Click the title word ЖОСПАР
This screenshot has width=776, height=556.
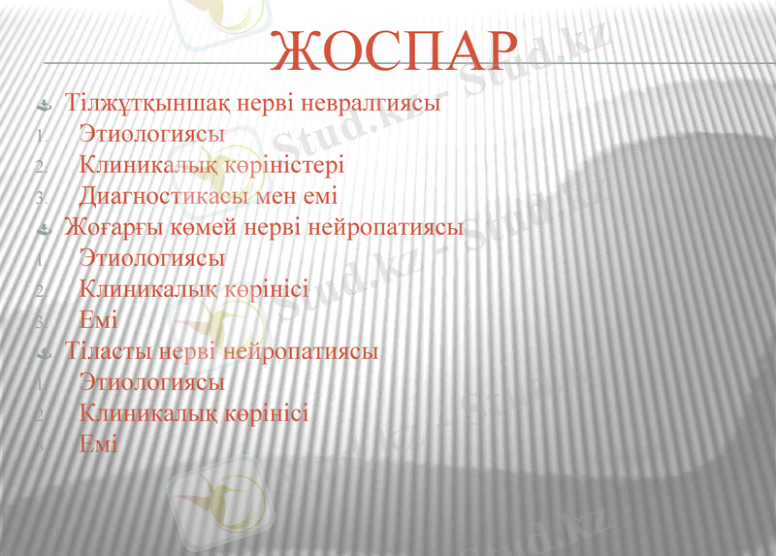pos(393,50)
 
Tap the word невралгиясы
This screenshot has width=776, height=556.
pos(372,102)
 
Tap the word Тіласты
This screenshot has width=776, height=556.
pos(107,350)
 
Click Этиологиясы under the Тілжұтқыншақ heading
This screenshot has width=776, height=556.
pos(152,134)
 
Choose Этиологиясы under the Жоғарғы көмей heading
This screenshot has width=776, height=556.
pos(152,259)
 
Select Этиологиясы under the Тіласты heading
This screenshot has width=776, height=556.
pos(152,382)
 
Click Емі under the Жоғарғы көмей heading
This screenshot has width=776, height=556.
pos(98,319)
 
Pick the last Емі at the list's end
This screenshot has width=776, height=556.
pos(98,444)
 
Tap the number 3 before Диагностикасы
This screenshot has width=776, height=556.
pos(40,198)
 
